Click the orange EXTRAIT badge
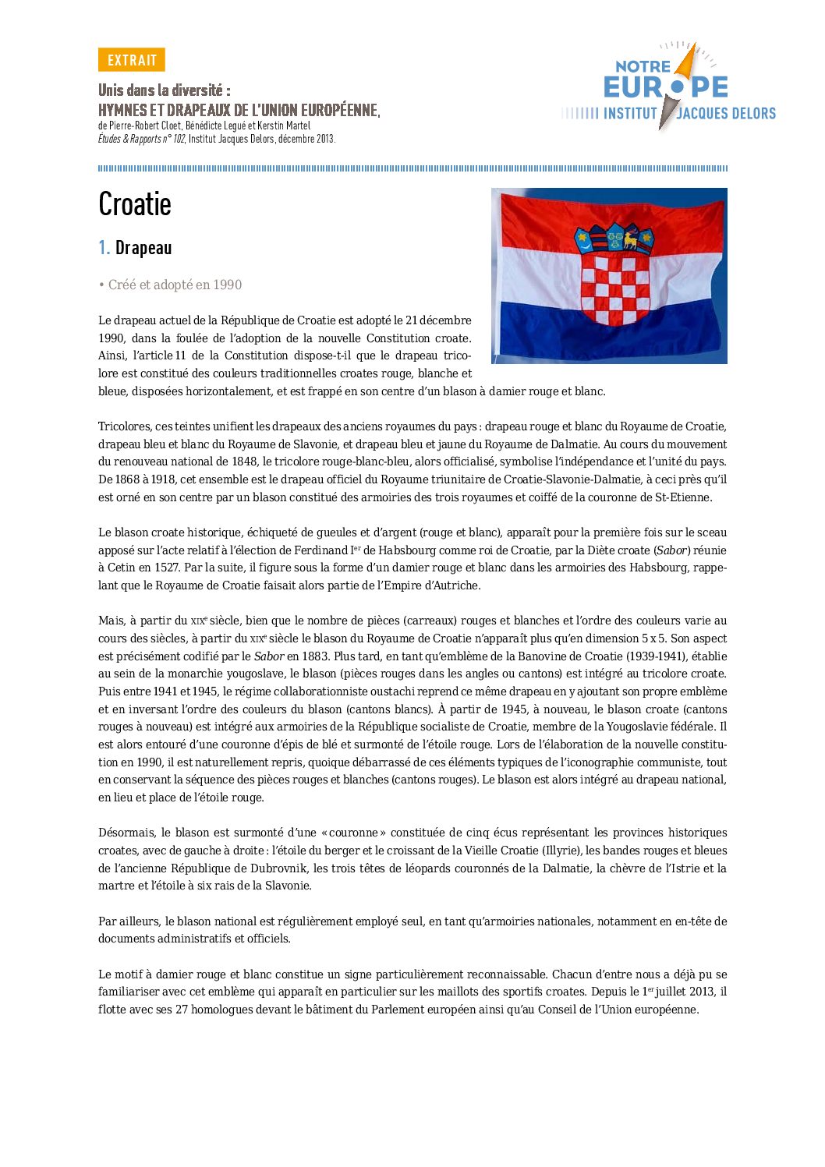coord(132,60)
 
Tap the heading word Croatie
coord(135,204)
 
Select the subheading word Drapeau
coord(143,248)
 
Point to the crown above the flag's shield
coord(614,238)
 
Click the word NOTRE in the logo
coord(643,67)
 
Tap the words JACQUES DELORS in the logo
coord(726,114)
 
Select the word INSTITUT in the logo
coord(630,114)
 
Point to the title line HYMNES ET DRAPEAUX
coord(238,110)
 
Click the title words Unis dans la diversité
coord(164,90)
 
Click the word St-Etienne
coord(684,497)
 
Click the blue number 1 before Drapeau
coord(103,248)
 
